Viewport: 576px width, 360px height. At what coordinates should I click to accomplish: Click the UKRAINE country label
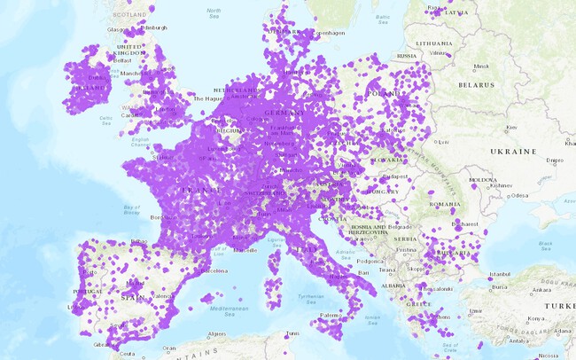tap(514, 152)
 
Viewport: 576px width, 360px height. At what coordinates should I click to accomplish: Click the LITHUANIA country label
tap(435, 42)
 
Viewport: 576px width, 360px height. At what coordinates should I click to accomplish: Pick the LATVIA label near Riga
tap(458, 12)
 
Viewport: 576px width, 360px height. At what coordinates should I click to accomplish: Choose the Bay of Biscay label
tap(131, 209)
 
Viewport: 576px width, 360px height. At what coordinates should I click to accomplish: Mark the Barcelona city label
tap(215, 270)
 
